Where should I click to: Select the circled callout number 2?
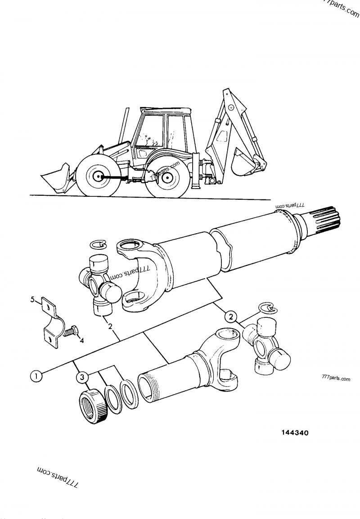pyautogui.click(x=231, y=317)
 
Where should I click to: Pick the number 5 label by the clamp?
pyautogui.click(x=32, y=298)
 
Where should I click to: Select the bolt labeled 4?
pyautogui.click(x=70, y=332)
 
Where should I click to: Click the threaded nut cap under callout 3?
pyautogui.click(x=93, y=405)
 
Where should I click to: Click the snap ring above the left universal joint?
pyautogui.click(x=98, y=244)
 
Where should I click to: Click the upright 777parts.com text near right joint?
pyautogui.click(x=336, y=379)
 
